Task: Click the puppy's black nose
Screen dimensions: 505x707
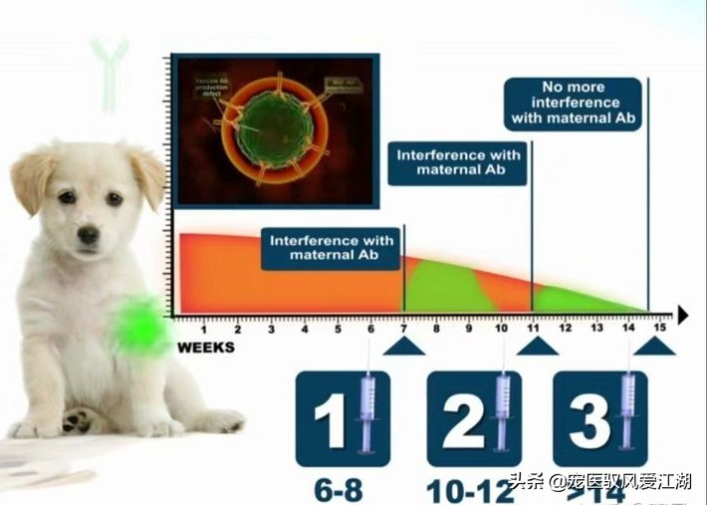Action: point(89,235)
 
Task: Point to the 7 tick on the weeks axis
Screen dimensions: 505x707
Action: point(403,329)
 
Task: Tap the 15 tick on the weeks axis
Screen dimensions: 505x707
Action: point(659,329)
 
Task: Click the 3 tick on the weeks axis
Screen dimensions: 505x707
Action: point(271,329)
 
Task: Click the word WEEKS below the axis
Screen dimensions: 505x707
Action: point(206,348)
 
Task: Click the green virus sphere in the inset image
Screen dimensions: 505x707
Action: point(276,126)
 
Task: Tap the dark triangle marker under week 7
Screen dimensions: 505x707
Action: point(403,346)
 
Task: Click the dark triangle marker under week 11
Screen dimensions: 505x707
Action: point(538,346)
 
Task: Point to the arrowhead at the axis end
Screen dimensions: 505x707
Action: point(682,315)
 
